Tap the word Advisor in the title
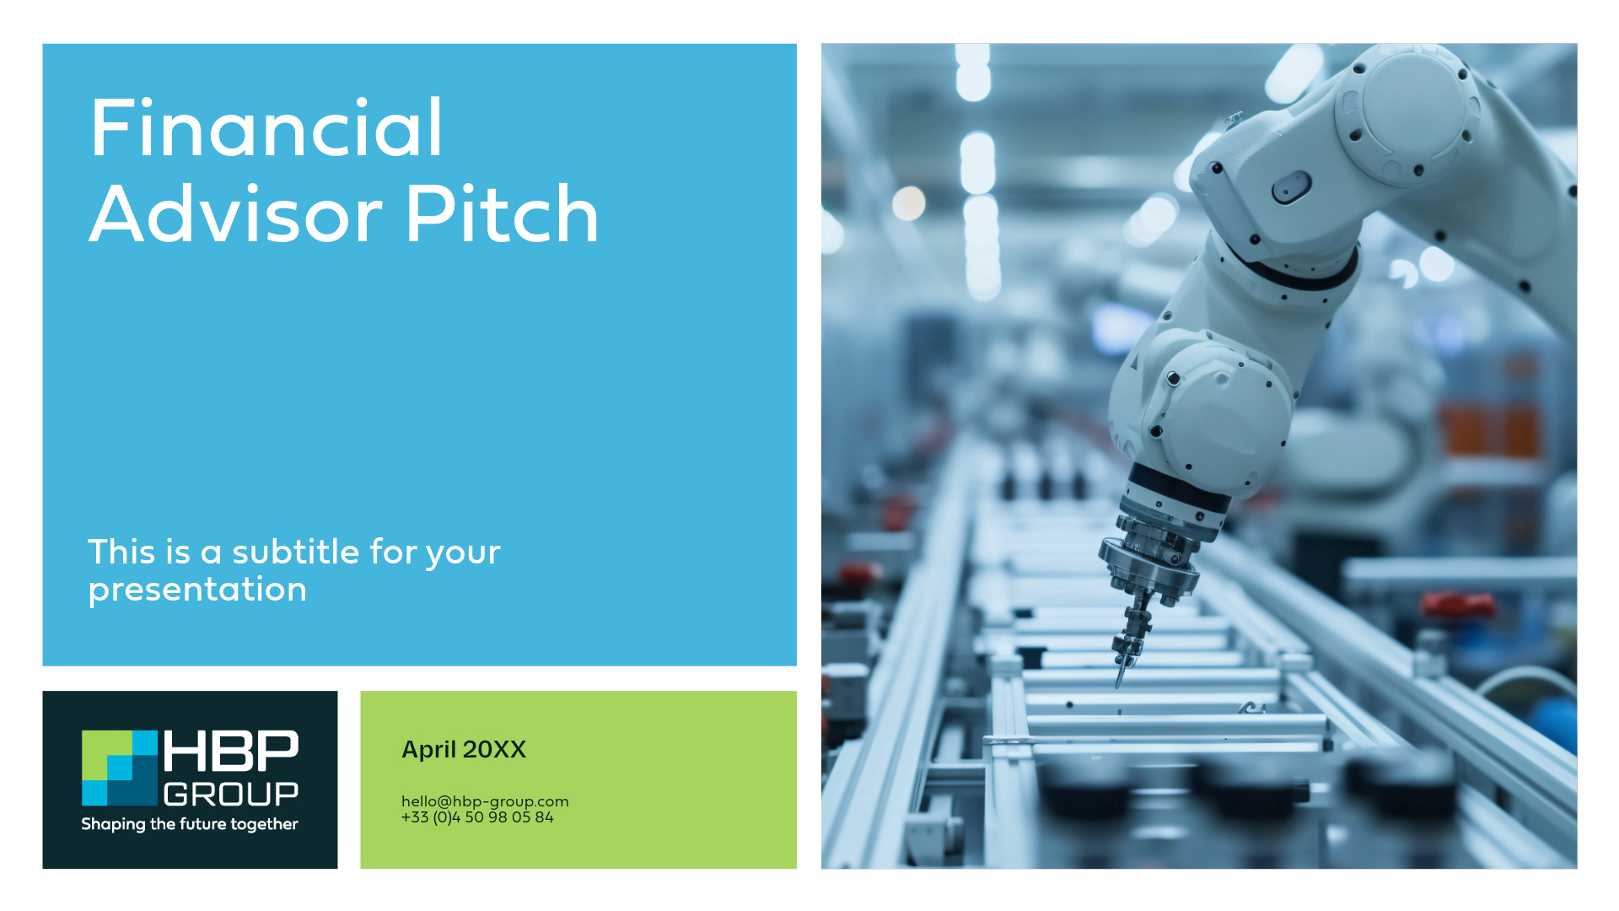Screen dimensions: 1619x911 click(x=236, y=215)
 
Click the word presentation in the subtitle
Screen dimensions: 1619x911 click(x=197, y=590)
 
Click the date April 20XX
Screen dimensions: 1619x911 click(x=464, y=749)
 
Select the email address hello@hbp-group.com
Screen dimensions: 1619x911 click(x=485, y=801)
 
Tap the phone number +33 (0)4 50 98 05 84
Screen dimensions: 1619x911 click(x=477, y=817)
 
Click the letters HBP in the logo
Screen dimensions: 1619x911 click(x=230, y=751)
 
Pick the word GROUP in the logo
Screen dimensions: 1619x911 click(x=231, y=794)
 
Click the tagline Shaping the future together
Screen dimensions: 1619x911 click(x=190, y=824)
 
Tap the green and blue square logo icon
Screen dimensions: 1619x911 click(x=120, y=768)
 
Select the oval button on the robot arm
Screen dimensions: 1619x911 click(x=1291, y=186)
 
